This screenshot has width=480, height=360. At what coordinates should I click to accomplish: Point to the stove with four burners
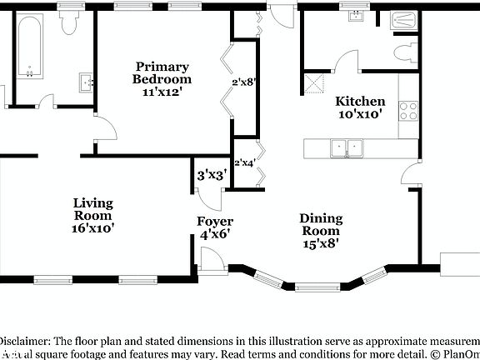pos(408,110)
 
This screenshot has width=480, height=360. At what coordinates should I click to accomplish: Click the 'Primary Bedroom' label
pos(163,72)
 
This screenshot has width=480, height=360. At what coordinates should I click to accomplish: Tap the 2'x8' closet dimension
pos(243,82)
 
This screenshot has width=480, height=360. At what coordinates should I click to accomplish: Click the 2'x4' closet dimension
pos(244,163)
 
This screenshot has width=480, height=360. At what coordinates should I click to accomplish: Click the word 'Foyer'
pos(214,221)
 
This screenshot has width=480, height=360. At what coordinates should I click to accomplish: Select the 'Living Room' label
pos(92,209)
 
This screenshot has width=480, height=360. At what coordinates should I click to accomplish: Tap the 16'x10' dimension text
pos(92,227)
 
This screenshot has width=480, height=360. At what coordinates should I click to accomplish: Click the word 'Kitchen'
pos(360,101)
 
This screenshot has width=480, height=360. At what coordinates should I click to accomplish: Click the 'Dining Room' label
pos(320,225)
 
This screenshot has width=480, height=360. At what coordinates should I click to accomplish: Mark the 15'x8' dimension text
pos(320,244)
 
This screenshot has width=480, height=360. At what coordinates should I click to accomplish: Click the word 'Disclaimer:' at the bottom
pos(23,341)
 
